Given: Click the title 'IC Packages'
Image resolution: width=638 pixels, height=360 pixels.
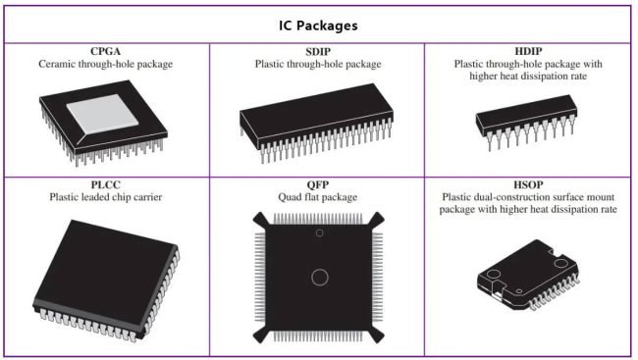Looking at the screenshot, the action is point(317,25).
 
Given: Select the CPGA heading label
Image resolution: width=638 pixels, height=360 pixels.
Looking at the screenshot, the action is point(105,51).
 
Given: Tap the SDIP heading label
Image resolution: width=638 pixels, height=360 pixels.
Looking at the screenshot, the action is point(316,51).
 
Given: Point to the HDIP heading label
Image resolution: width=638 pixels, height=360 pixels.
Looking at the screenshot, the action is point(527,51).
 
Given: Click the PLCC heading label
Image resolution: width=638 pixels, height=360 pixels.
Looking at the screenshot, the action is point(105,183).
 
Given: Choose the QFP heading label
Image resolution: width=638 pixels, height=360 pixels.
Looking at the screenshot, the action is point(316,183).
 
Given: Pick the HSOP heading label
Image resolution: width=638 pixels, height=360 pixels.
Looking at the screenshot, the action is point(527,183).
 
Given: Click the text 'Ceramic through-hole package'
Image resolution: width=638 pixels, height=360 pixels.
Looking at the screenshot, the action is point(105,64).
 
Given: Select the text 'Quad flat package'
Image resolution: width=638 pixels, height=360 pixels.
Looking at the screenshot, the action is point(316,196).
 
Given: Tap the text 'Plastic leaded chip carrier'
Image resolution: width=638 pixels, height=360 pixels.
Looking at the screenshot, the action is point(105,196).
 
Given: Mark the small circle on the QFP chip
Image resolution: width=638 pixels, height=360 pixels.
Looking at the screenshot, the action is point(318,232).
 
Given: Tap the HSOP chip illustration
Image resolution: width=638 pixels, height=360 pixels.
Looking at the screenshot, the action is point(528,278).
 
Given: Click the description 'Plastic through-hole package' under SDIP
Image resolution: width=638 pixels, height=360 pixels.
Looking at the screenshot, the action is point(316,64).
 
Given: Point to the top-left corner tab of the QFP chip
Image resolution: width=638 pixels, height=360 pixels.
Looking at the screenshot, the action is point(257,218).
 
